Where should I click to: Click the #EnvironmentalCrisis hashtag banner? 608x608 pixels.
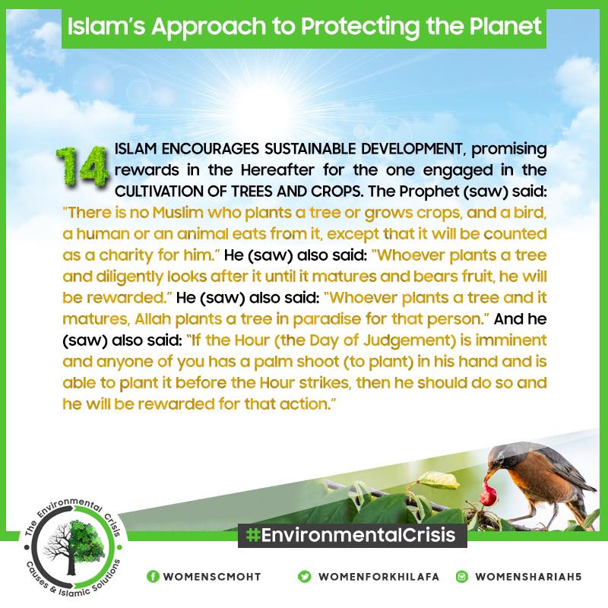(352, 536)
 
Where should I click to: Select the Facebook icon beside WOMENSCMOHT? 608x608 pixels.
(153, 577)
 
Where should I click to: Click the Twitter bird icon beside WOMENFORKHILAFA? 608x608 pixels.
(305, 577)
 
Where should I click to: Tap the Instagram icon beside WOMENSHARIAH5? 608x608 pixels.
(462, 577)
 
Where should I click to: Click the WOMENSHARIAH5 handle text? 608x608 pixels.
(528, 577)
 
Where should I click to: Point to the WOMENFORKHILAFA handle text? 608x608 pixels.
(378, 577)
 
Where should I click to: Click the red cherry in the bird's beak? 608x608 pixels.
(489, 493)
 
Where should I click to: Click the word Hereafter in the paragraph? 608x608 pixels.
(277, 170)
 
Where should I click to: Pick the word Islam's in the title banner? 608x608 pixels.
(106, 27)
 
